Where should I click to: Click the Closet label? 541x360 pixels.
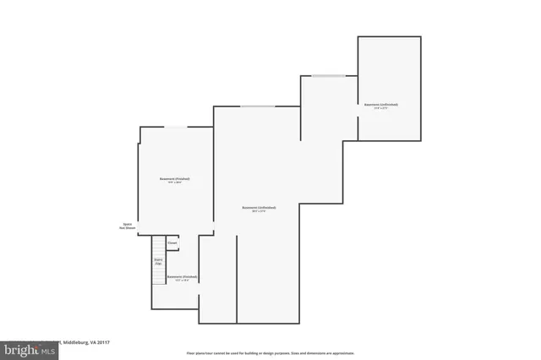click(x=172, y=243)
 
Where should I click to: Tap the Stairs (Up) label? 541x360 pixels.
click(x=158, y=262)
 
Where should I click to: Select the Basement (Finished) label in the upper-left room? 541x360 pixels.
click(x=175, y=179)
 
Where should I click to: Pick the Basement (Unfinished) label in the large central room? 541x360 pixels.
click(x=259, y=207)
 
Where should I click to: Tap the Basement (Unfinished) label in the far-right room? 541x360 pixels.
click(x=381, y=105)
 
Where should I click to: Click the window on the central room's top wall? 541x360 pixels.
click(x=257, y=106)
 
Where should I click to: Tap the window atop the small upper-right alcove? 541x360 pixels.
click(x=328, y=76)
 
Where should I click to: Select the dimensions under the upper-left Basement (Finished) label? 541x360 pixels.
click(x=175, y=183)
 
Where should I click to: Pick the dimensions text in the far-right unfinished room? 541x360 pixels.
click(x=381, y=109)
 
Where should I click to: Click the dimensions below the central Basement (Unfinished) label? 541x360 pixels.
click(x=259, y=211)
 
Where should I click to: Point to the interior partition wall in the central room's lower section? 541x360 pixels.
click(x=237, y=279)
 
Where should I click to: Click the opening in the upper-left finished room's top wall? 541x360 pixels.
click(x=176, y=128)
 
